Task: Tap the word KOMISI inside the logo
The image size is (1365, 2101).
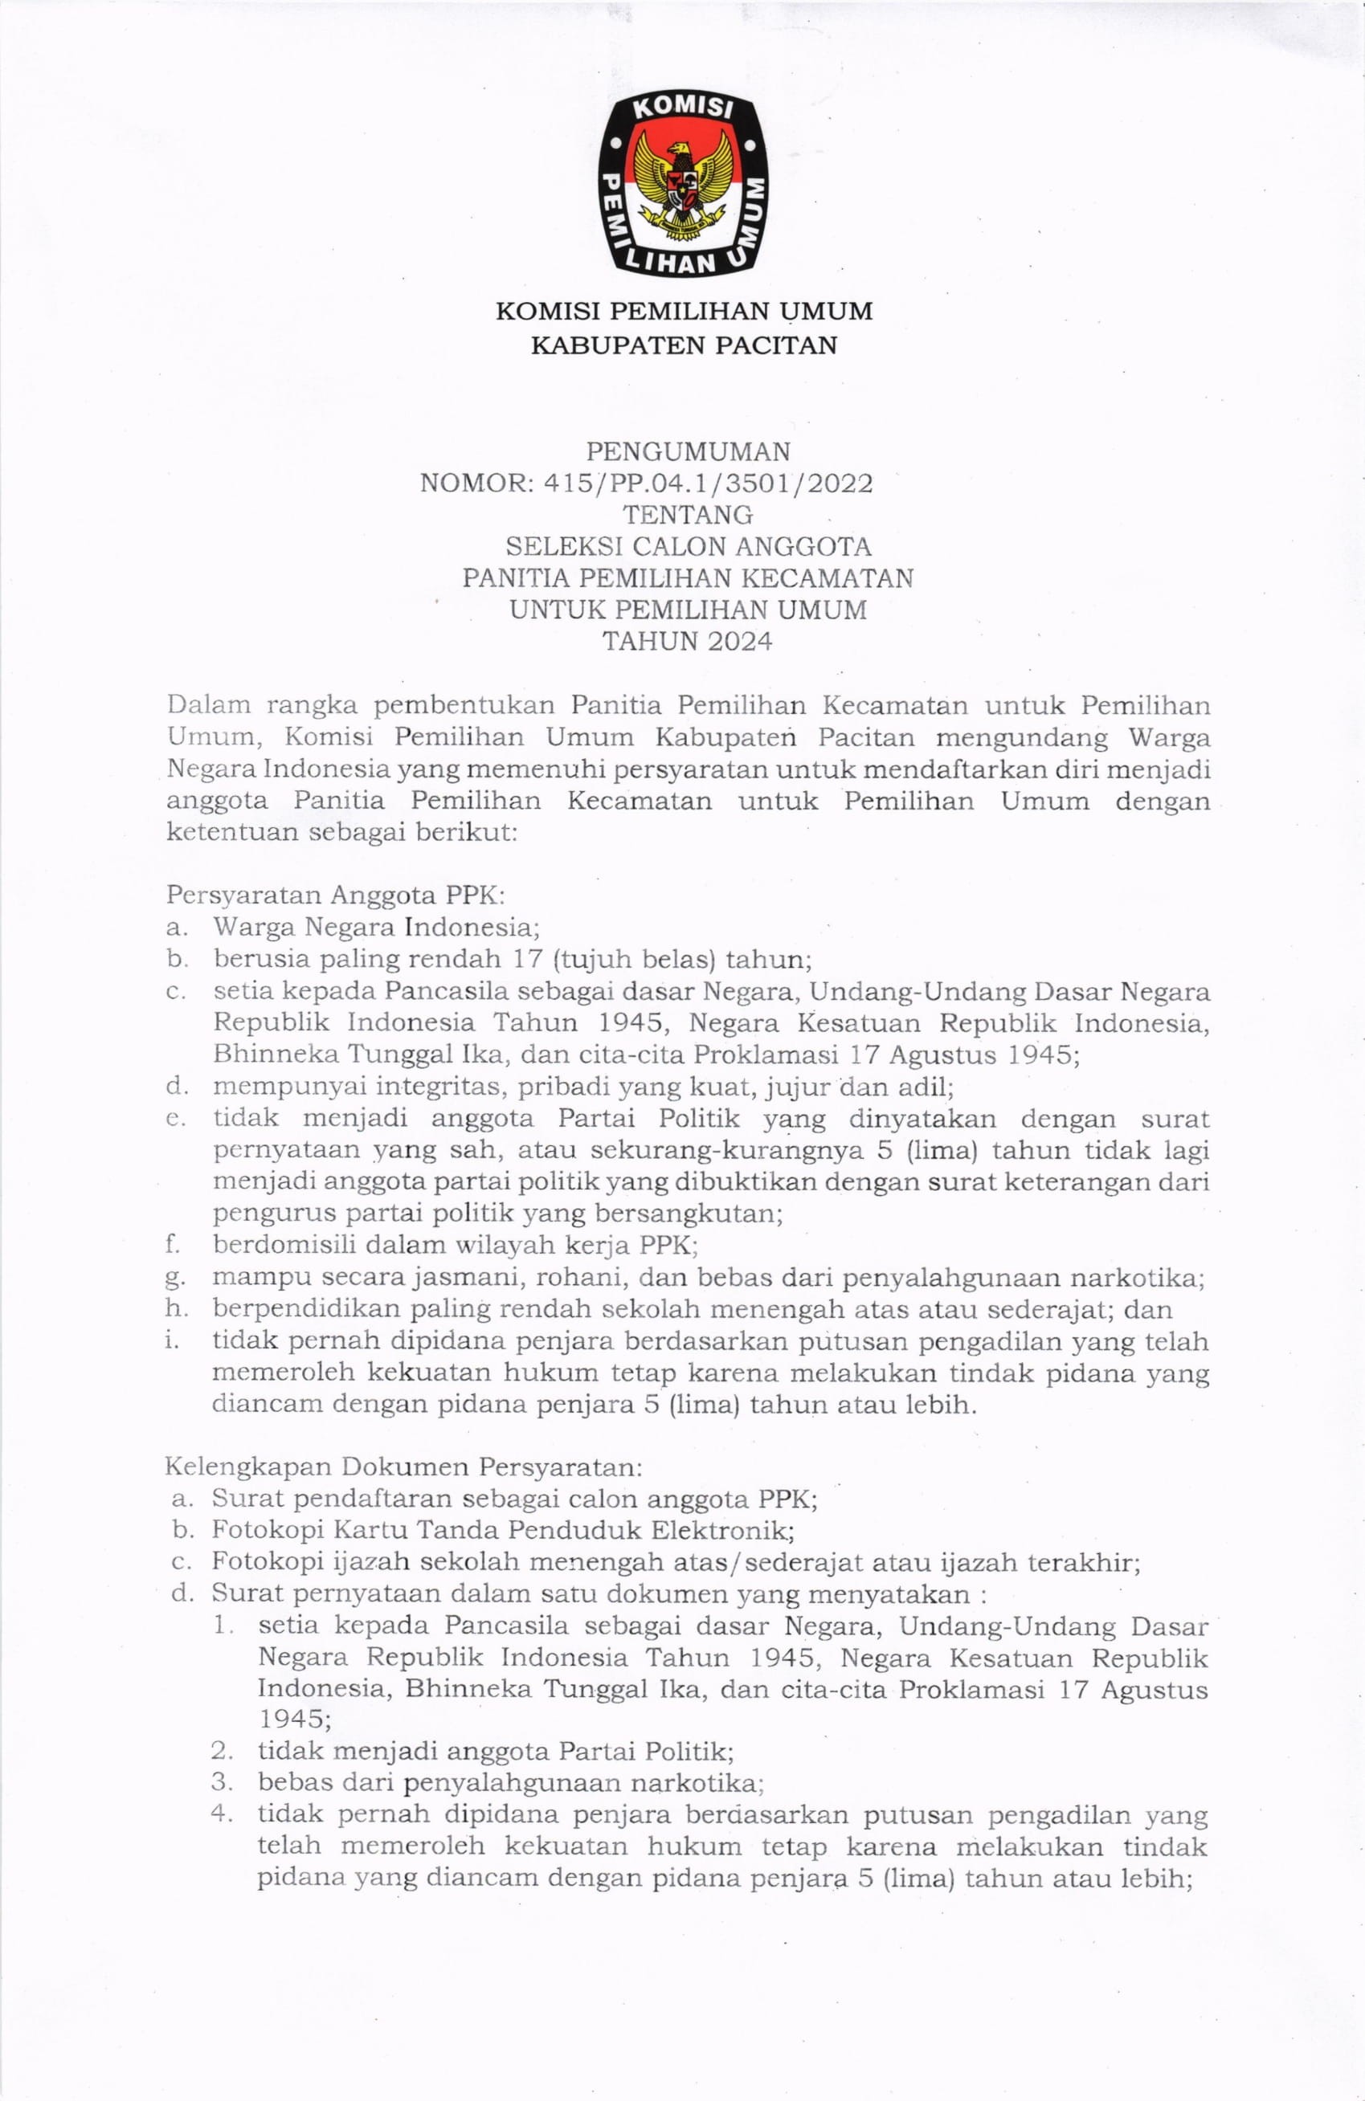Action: coord(685,110)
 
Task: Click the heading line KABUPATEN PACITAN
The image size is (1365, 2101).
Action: coord(684,345)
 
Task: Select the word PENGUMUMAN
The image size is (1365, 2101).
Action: coord(689,452)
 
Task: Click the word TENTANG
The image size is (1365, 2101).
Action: coord(688,515)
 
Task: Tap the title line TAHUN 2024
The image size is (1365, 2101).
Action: coord(687,641)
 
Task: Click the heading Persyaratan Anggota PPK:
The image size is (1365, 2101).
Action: coord(336,895)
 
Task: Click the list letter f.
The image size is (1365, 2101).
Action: coord(172,1245)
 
